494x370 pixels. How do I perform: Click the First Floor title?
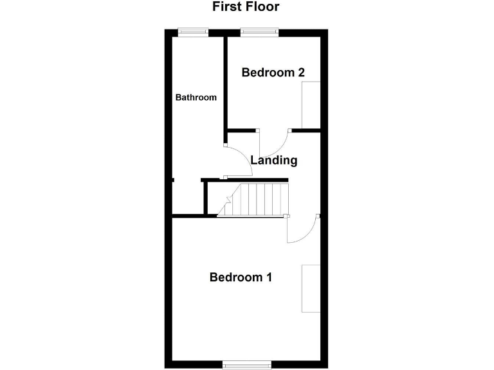tap(246, 7)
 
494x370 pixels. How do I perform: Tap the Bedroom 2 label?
tap(273, 73)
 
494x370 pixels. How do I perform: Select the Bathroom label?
tap(196, 98)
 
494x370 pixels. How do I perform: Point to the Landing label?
tap(274, 161)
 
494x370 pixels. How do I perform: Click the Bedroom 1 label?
tap(241, 277)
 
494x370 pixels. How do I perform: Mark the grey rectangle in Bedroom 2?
tap(311, 105)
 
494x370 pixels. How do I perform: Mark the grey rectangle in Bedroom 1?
tap(311, 288)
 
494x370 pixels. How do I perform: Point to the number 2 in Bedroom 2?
tap(300, 73)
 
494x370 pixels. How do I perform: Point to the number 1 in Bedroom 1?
tap(269, 277)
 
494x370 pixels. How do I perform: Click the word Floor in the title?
tap(263, 7)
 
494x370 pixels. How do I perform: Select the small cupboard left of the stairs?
tap(212, 199)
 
